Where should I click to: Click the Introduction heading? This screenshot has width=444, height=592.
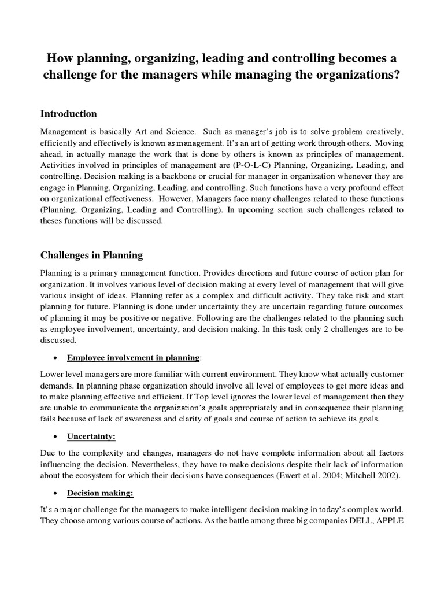point(68,114)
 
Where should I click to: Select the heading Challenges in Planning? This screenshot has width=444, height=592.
point(91,255)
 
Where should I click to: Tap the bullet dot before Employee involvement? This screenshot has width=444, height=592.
point(54,358)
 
